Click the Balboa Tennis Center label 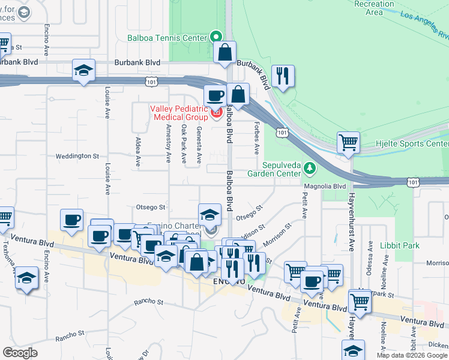click(x=166, y=37)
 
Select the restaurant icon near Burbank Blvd click(x=281, y=76)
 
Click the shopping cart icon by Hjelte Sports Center click(x=348, y=143)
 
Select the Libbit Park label click(x=399, y=246)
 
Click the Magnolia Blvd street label click(x=325, y=187)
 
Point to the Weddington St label click(x=77, y=156)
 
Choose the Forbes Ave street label click(x=256, y=144)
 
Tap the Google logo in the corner click(x=20, y=352)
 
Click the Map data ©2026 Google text click(x=412, y=355)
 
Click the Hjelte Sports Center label click(x=420, y=144)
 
